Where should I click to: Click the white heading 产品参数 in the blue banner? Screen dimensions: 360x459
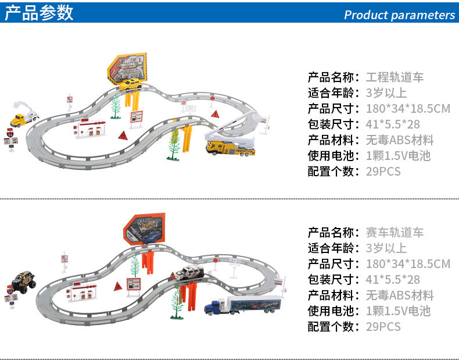coord(40,13)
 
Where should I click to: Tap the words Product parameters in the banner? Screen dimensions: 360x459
coord(399,15)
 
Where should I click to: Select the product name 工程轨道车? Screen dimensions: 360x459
coord(395,77)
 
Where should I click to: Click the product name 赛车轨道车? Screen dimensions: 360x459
coord(395,233)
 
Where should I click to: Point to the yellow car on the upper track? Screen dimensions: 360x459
coord(130,84)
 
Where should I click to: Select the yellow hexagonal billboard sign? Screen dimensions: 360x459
coord(127,68)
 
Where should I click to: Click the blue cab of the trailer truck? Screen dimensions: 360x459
coord(216,306)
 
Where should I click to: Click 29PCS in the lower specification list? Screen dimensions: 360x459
coord(383,327)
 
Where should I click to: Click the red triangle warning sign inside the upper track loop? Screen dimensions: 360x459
coord(123,135)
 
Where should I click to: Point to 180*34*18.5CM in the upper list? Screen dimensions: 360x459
coord(408,109)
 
